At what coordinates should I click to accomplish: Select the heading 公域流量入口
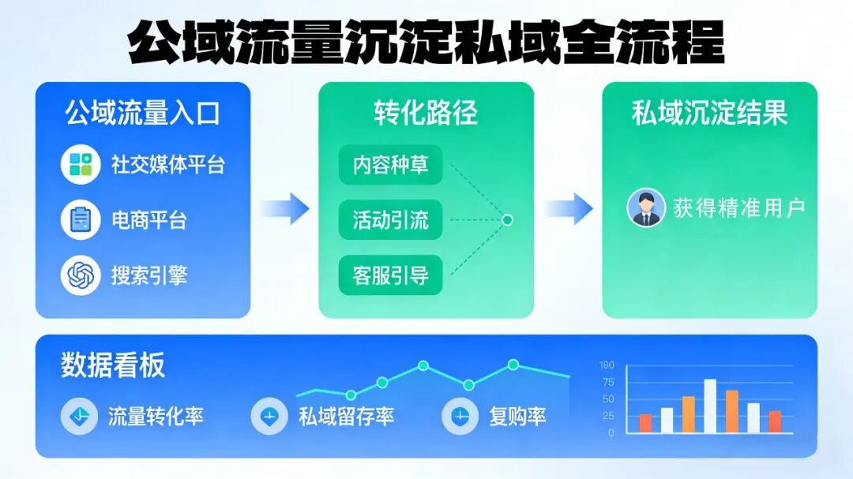(x=142, y=113)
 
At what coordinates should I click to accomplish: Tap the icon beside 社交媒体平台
(x=81, y=165)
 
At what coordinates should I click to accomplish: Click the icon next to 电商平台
(x=81, y=219)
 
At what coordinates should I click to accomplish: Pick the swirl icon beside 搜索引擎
(x=81, y=275)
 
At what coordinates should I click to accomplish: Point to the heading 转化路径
(x=426, y=113)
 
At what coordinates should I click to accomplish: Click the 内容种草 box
(x=390, y=166)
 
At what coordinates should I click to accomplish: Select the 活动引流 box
(x=390, y=220)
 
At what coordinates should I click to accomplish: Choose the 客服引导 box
(x=390, y=275)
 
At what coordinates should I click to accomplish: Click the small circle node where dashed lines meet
(x=508, y=220)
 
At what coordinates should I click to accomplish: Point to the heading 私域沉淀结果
(x=709, y=113)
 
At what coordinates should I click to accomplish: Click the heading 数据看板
(x=113, y=365)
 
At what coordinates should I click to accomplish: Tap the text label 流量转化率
(x=156, y=416)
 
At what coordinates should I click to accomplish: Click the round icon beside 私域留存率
(x=269, y=416)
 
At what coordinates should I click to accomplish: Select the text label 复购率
(x=517, y=416)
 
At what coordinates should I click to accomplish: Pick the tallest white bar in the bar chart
(x=710, y=406)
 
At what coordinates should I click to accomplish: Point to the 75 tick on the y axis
(x=607, y=382)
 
